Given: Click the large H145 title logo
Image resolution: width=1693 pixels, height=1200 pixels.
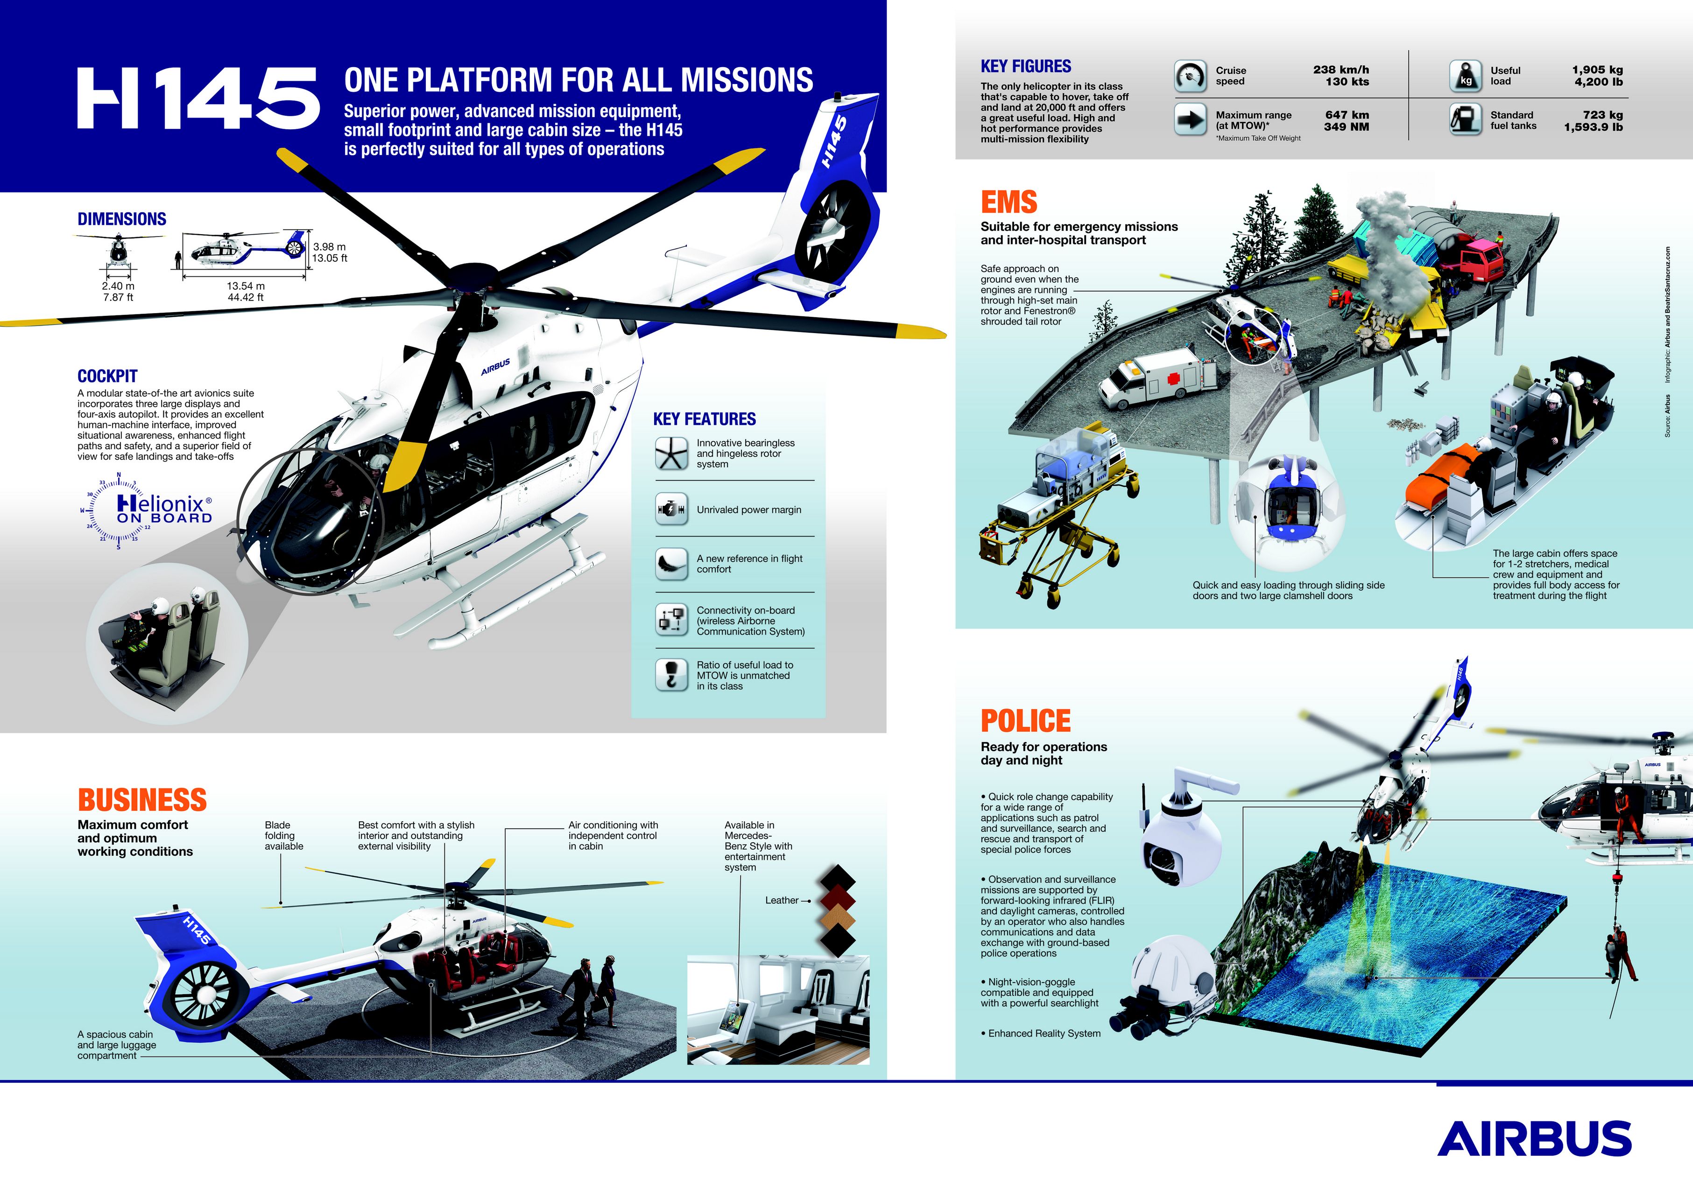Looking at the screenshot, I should tap(198, 98).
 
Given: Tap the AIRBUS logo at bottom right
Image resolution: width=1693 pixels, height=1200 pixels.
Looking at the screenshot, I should tap(1534, 1139).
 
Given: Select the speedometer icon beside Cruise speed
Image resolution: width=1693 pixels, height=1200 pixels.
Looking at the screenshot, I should tap(1190, 76).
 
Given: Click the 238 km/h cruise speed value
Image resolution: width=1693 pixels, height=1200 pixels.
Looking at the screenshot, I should tap(1340, 70).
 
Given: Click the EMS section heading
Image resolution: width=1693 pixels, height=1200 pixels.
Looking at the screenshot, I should tap(1009, 202).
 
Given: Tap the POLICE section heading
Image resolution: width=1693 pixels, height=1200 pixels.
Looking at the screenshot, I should tap(1025, 720).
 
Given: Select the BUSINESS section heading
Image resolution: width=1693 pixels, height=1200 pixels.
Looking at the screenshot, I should tap(142, 800).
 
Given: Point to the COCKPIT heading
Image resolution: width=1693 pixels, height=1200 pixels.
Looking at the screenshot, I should tap(107, 376).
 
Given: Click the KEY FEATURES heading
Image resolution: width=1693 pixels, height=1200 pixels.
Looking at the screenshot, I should tap(704, 419).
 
